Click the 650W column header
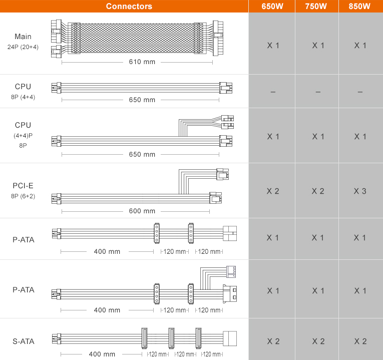coord(272,6)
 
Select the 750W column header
coord(316,6)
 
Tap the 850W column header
coord(359,6)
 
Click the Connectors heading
coord(129,6)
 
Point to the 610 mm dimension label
coord(142,62)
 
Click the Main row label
coord(23,37)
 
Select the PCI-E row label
coord(23,186)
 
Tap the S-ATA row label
coord(24,341)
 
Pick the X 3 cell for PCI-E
coord(360,191)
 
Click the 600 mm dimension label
coord(142,211)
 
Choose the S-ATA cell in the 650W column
coord(273,341)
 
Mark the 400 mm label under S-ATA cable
coord(102,354)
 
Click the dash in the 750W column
coord(318,92)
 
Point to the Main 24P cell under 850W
coord(360,46)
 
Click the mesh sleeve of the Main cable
coord(137,38)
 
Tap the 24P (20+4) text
coord(23,47)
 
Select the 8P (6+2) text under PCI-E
coord(23,196)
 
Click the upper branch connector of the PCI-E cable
coord(222,174)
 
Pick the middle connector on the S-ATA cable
coord(171,338)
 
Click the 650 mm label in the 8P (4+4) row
coord(142,100)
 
